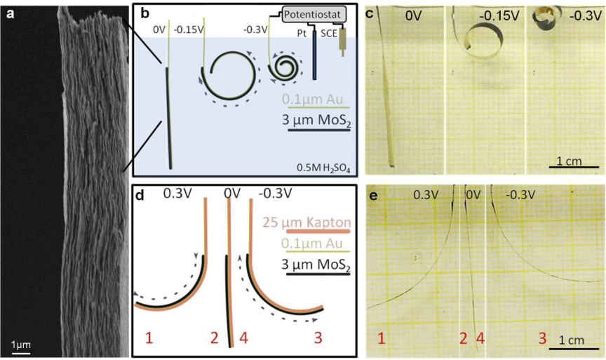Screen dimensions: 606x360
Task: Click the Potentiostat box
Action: tap(314, 15)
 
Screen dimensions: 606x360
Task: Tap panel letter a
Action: tap(11, 14)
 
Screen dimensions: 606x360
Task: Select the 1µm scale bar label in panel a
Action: tap(21, 345)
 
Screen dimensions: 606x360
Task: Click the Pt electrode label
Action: tap(302, 34)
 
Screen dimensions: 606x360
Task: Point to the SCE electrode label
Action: tap(329, 34)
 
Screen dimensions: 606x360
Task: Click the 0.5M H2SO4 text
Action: tap(323, 168)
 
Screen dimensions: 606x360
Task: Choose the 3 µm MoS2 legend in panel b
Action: tap(316, 120)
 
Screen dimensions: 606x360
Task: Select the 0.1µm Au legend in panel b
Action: tap(312, 100)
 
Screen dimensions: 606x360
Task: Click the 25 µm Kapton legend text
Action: tap(307, 222)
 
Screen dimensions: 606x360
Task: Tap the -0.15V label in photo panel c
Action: tap(499, 16)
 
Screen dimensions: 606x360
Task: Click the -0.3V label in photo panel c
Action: tap(585, 16)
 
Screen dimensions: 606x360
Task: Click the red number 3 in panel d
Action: tap(318, 338)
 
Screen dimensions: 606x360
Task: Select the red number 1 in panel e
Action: tap(382, 339)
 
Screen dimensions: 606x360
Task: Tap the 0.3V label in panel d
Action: tap(177, 194)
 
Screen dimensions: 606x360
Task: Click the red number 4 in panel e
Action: tap(480, 339)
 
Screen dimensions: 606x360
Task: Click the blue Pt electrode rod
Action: tap(314, 55)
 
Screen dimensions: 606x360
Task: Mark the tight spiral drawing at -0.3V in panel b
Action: tap(285, 68)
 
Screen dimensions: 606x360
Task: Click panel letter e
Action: tap(373, 196)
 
